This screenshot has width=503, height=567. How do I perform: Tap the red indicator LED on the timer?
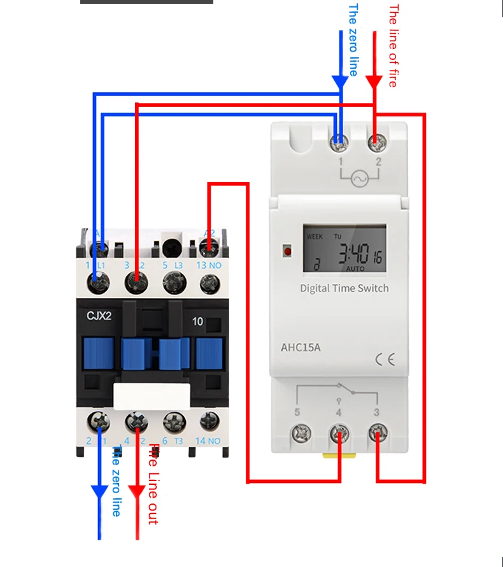(x=287, y=251)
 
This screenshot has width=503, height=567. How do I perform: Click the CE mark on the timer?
(x=385, y=360)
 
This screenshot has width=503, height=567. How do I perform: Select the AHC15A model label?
(x=300, y=348)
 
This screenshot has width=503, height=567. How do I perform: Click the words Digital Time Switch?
(x=344, y=288)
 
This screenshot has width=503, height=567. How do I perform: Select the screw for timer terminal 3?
(x=378, y=435)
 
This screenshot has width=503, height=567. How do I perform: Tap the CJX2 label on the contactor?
(x=99, y=314)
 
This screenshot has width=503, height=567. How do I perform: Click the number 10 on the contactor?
(x=197, y=321)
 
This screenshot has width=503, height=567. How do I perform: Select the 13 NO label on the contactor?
(x=208, y=265)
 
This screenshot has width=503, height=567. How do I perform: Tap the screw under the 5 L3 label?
(x=172, y=281)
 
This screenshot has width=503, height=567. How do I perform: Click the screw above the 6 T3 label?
(x=172, y=421)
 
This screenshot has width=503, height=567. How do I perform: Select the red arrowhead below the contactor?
(x=137, y=492)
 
